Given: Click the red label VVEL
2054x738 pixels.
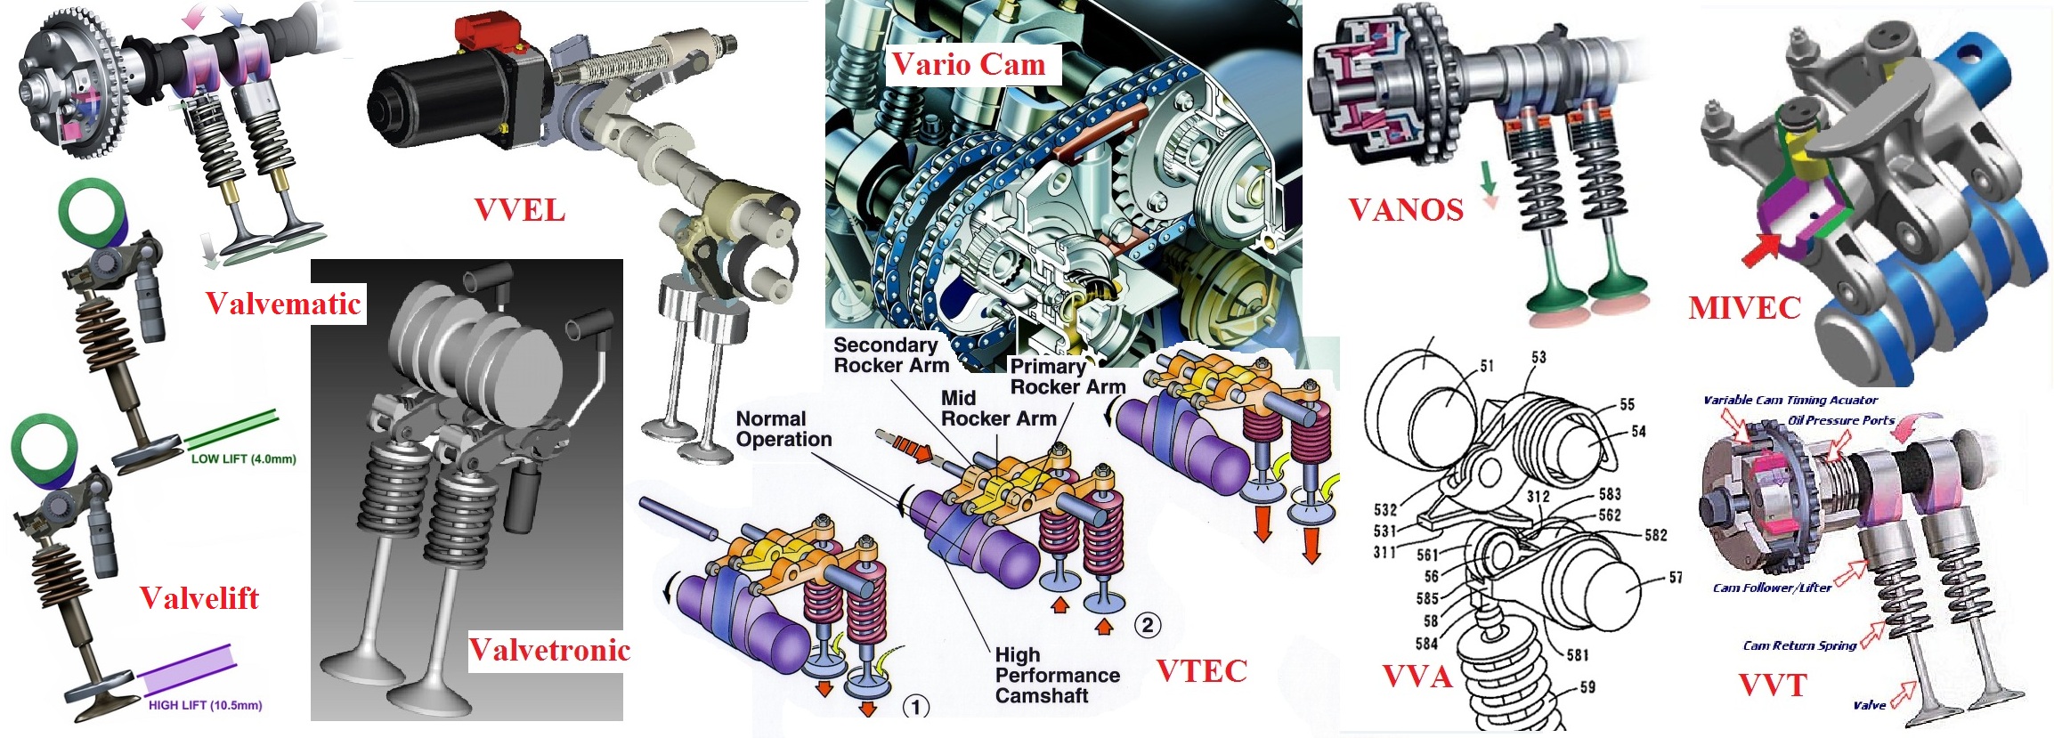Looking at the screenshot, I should pos(520,211).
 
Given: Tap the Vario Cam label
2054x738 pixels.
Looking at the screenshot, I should pos(969,64).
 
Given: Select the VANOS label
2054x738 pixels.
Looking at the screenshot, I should pos(1406,210).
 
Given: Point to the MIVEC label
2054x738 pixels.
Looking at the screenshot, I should pos(1744,308).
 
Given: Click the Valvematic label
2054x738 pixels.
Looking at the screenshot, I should pos(283,304).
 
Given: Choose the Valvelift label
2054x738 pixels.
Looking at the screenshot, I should pos(199,598).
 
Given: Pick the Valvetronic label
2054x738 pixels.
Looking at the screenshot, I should pos(549,650).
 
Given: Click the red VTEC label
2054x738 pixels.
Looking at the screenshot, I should pos(1202,671).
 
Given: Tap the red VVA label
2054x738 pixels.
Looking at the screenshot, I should pos(1417,677).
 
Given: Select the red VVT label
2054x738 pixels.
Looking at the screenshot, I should pos(1773,685).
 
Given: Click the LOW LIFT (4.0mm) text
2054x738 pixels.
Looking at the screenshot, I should pos(243,459).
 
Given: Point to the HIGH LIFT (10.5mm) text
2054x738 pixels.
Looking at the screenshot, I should pos(205,705).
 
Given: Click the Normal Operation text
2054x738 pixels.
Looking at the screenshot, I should pos(783,429).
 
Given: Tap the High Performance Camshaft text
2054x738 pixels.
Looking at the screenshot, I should pos(1057,676).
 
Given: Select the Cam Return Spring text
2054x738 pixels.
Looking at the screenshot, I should pos(1799,645).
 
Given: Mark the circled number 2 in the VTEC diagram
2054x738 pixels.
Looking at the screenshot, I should pos(1148,625).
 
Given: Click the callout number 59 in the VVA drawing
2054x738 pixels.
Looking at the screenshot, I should pos(1587,687).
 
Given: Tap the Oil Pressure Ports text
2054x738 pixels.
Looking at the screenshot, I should pos(1841,420).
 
